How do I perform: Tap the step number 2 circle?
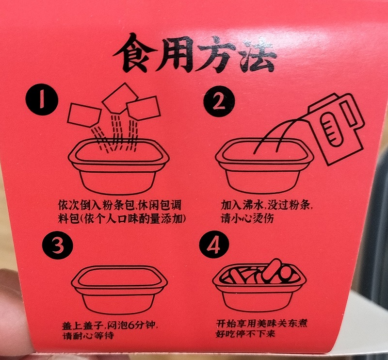point(219,102)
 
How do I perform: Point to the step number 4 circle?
point(214,245)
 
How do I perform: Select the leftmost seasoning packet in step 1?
point(83,116)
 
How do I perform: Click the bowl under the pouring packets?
point(119,166)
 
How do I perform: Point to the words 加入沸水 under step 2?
point(240,206)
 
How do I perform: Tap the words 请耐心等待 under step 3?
point(88,335)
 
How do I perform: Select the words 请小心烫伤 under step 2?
point(247,218)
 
